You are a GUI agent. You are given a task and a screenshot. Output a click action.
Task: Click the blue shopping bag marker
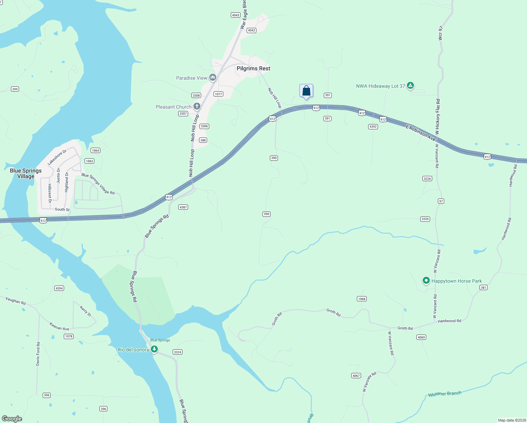(x=306, y=91)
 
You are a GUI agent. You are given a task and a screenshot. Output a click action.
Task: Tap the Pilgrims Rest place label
(x=253, y=68)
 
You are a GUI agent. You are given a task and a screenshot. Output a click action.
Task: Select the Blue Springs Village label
(x=26, y=173)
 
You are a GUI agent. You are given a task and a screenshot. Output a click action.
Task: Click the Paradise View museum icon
(x=212, y=78)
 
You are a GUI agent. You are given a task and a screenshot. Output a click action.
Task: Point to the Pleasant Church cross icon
(x=197, y=106)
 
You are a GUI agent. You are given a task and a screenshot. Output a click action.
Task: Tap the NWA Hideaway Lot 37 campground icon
(x=410, y=86)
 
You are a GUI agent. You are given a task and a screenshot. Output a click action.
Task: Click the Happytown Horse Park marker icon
(x=426, y=281)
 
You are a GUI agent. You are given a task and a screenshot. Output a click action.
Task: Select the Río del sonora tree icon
(x=154, y=349)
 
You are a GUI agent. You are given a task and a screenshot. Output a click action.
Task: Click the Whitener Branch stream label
(x=445, y=394)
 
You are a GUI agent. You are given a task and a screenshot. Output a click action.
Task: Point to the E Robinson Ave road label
(x=420, y=132)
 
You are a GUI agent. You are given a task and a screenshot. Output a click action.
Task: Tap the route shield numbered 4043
(x=236, y=15)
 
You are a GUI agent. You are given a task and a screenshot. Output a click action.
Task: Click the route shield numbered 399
(x=15, y=89)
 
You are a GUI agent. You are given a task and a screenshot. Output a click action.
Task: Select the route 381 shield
(x=483, y=288)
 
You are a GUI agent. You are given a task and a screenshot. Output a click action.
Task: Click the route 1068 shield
(x=362, y=299)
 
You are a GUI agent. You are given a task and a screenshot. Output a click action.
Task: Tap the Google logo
(x=12, y=418)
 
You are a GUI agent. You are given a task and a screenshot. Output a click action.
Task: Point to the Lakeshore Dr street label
(x=57, y=158)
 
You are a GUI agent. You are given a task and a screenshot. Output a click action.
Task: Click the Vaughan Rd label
(x=15, y=301)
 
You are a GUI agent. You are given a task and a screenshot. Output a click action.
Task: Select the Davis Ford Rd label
(x=38, y=354)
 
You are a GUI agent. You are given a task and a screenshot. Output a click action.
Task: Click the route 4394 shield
(x=59, y=288)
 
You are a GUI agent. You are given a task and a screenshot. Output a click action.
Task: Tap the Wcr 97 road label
(x=440, y=33)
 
